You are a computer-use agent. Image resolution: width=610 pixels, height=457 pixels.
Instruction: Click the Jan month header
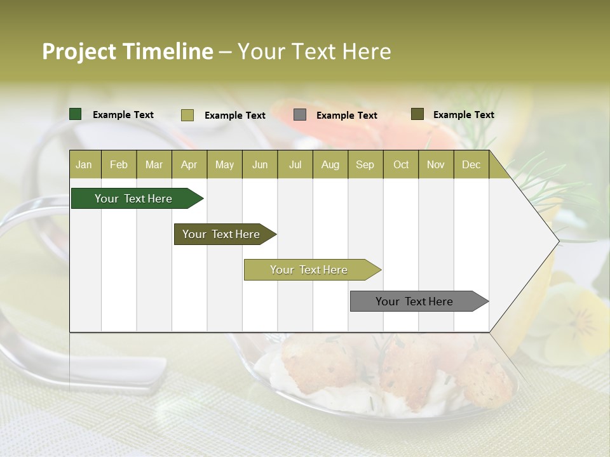pos(84,164)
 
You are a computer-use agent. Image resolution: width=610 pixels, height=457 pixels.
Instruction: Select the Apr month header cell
pos(189,164)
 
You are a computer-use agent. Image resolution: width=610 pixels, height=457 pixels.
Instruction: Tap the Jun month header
pos(260,164)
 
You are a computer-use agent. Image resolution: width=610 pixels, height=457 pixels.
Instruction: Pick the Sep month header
pos(365,164)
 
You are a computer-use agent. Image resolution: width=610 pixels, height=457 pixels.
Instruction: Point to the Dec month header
pos(471,164)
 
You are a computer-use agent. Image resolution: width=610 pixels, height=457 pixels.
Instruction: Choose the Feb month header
pos(119,164)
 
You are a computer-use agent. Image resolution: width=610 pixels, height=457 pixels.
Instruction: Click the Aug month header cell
pos(330,164)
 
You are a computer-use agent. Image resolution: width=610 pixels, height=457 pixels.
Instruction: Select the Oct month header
pos(401,164)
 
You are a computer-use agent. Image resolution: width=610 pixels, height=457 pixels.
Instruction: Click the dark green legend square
pos(76,114)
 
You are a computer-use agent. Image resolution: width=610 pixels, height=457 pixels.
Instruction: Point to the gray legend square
pos(300,115)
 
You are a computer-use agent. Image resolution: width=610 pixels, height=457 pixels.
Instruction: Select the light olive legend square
pos(187,115)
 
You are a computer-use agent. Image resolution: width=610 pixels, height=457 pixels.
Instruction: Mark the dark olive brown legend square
pos(417,114)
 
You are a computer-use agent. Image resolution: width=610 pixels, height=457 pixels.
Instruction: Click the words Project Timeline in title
pos(127,51)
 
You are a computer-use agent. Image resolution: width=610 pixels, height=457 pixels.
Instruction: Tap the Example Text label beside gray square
pos(346,116)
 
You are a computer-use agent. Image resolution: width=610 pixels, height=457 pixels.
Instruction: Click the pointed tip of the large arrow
pos(557,241)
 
